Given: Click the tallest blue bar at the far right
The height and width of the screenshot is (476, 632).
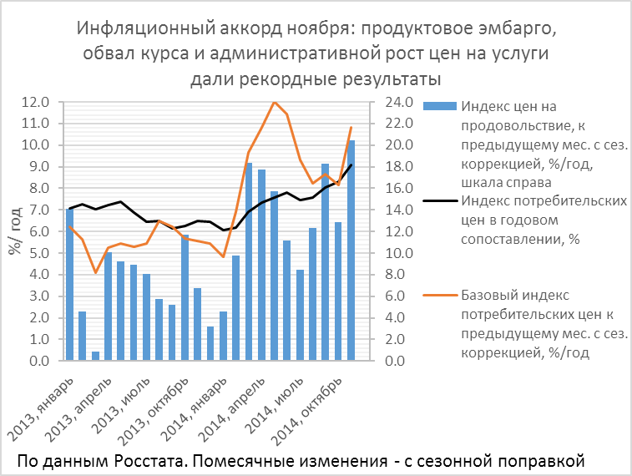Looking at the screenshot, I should coord(351,251).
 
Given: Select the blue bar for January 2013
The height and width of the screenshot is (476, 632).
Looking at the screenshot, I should coord(70,284).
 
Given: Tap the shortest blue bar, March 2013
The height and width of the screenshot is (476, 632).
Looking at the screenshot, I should coord(96,357).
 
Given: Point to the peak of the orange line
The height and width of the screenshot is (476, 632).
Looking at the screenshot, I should coord(274,101).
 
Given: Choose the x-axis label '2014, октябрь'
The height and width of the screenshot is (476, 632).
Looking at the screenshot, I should coord(311,405).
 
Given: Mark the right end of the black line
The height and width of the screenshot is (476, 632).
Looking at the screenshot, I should coord(351,165).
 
